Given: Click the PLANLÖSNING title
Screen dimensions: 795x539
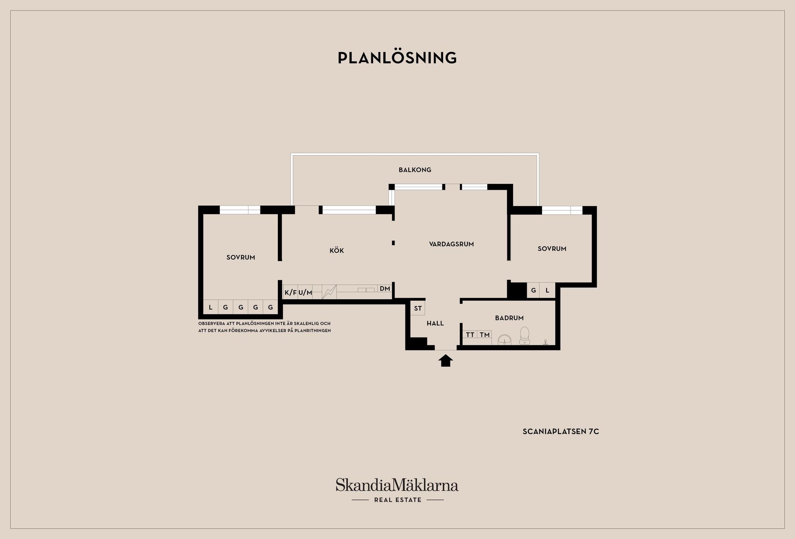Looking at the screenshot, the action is [397, 58].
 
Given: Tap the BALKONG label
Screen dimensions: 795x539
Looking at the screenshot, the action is [415, 170].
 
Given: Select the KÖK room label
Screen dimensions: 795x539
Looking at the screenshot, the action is [337, 250].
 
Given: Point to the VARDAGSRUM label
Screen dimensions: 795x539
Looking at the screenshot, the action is [451, 244].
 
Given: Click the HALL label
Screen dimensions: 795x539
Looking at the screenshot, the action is [435, 323].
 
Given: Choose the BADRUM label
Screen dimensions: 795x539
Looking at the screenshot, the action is [509, 318].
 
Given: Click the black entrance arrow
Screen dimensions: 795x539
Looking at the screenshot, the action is [446, 360].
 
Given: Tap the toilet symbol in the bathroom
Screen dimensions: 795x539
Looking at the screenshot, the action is [525, 335].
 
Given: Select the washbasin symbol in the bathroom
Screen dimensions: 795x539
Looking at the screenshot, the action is [504, 340].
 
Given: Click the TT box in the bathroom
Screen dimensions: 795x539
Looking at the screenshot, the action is [470, 334].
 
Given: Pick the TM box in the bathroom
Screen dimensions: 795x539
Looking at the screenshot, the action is [485, 334].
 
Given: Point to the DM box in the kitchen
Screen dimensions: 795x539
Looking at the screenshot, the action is [385, 289].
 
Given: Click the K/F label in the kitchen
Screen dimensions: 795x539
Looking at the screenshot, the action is [291, 293].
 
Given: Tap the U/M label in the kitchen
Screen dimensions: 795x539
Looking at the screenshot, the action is [305, 293].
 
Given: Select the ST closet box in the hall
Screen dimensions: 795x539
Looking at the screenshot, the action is [418, 308].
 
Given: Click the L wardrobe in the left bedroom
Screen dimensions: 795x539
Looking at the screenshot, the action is [211, 307].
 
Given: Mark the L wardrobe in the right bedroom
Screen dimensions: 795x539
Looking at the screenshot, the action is [547, 290].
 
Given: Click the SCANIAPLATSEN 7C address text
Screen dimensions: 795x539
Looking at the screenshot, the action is [561, 431].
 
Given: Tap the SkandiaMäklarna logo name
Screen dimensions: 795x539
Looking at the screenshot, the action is [397, 485].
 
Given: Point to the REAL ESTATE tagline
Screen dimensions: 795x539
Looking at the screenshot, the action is [397, 500].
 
